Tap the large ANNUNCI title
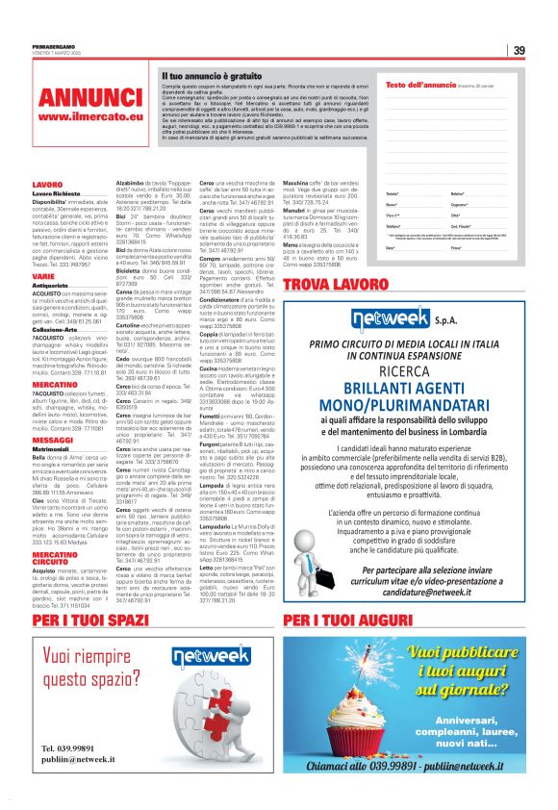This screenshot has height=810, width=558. (90, 98)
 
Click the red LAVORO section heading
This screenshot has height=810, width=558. (47, 184)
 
